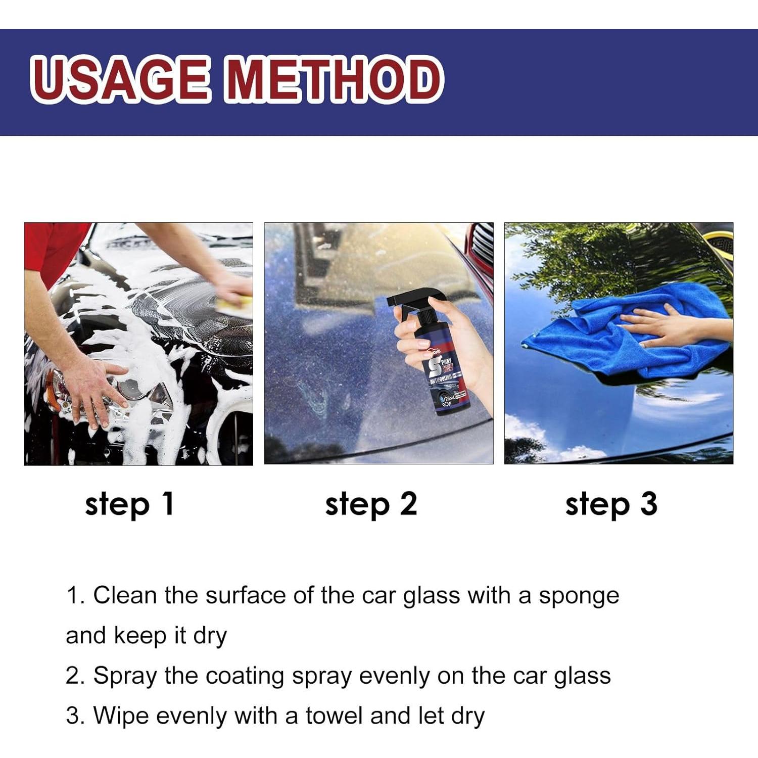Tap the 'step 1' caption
coord(130,504)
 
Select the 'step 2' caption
coord(371,504)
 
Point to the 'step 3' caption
coord(611,504)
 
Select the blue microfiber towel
coord(606,344)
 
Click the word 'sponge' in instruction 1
coord(579,596)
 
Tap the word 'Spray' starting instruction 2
coord(125,676)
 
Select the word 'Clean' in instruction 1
coord(125,595)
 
